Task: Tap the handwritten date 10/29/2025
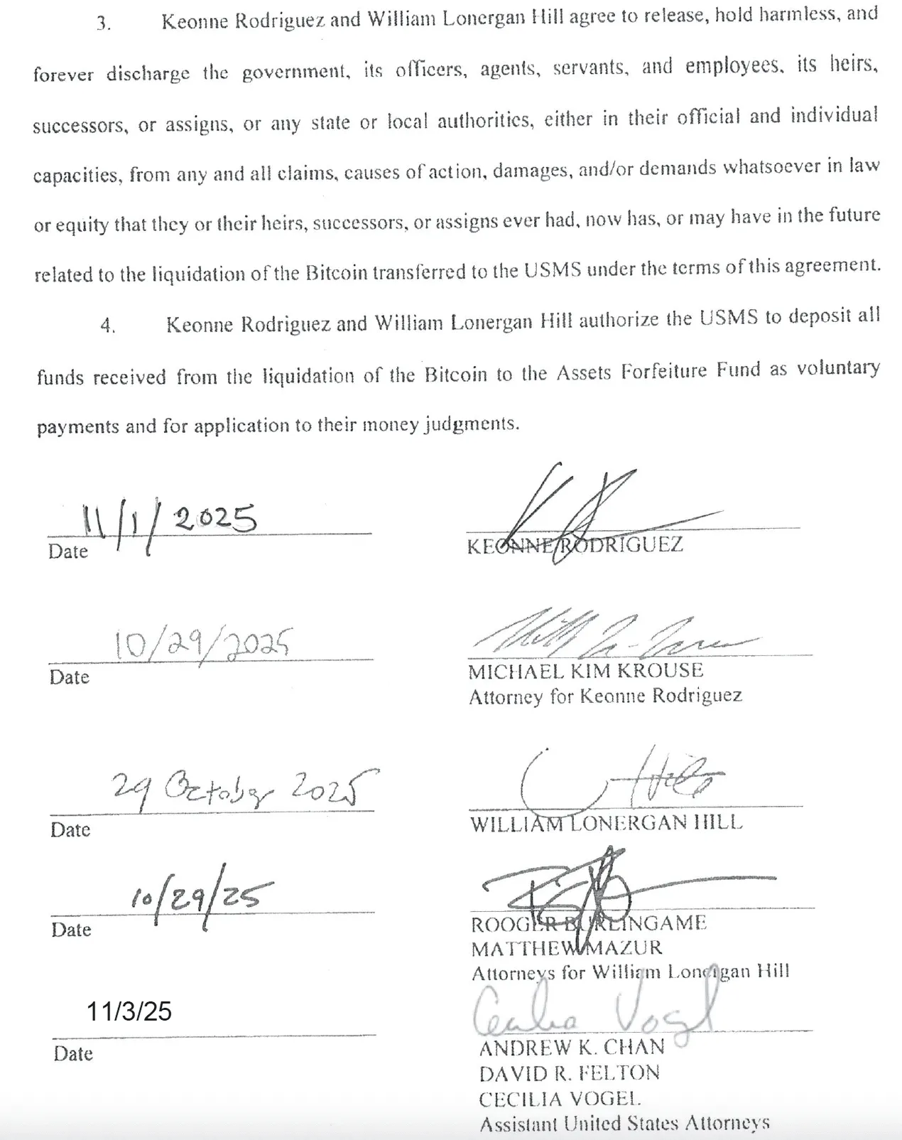[x=202, y=644]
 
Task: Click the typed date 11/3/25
[x=129, y=1011]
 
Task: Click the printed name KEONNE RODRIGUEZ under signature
[x=575, y=546]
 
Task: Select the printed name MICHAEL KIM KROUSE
[x=585, y=670]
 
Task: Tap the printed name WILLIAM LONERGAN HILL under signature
[x=606, y=823]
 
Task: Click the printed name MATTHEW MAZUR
[x=566, y=948]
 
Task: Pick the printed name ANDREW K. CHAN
[x=571, y=1047]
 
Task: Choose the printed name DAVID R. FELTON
[x=569, y=1073]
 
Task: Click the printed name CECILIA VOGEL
[x=560, y=1099]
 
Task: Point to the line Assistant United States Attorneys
[x=624, y=1124]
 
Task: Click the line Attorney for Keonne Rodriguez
[x=605, y=696]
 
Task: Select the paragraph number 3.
[x=104, y=23]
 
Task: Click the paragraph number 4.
[x=107, y=326]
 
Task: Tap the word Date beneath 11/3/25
[x=73, y=1053]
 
